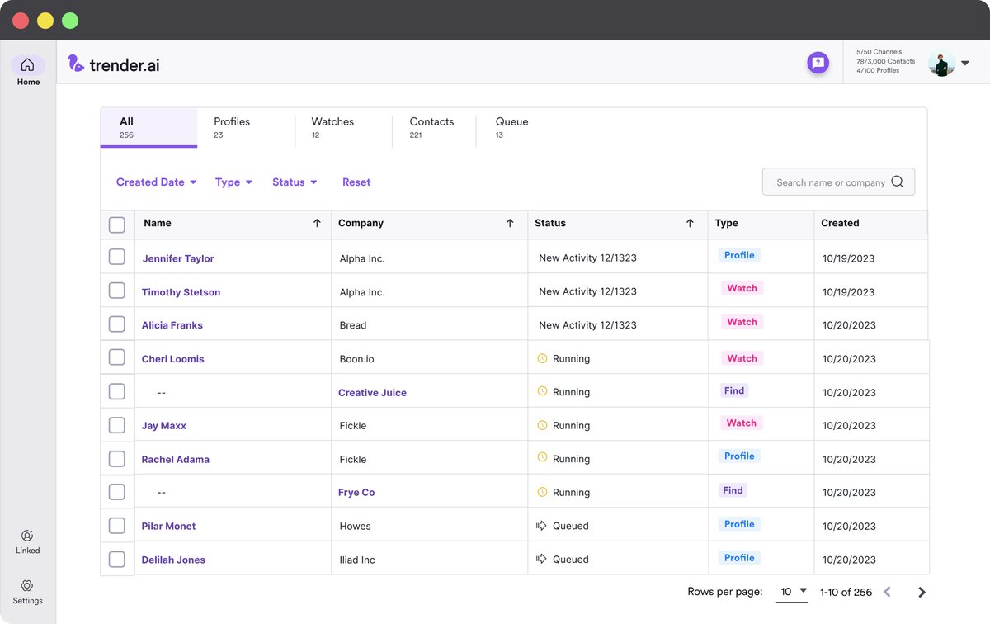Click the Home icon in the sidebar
click(x=27, y=65)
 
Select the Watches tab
click(x=332, y=127)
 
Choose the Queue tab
click(x=511, y=127)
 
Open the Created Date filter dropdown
click(x=156, y=182)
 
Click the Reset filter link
click(x=356, y=182)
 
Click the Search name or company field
click(x=830, y=182)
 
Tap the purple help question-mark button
click(x=818, y=62)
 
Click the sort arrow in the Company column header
click(x=510, y=223)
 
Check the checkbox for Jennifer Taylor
click(x=117, y=258)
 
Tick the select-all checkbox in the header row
click(x=117, y=225)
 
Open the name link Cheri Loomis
click(x=172, y=359)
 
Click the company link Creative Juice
click(x=372, y=393)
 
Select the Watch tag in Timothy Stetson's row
click(x=742, y=288)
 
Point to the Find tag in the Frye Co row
click(x=733, y=490)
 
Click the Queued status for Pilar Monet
click(x=570, y=526)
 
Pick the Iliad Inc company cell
click(x=357, y=560)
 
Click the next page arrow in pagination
click(x=922, y=592)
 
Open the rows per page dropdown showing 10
click(x=792, y=592)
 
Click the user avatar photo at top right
click(x=941, y=63)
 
